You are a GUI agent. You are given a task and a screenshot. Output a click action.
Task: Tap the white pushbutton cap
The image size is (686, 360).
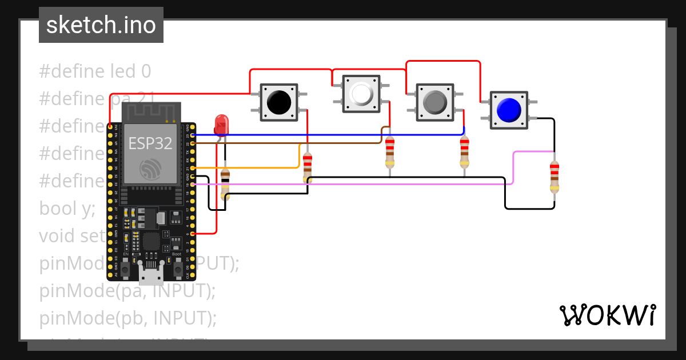tap(361, 93)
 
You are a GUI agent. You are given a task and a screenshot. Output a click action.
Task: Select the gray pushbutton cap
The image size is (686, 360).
tap(435, 102)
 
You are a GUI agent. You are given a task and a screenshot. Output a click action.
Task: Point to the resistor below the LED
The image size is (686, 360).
tap(225, 183)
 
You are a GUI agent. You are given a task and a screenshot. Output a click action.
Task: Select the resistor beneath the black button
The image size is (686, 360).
tap(308, 167)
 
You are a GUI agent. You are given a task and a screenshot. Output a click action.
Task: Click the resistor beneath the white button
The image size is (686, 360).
tap(390, 152)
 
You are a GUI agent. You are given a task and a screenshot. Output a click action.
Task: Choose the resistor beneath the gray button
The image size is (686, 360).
tap(464, 152)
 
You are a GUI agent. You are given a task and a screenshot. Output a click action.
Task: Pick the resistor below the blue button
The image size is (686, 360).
tap(554, 177)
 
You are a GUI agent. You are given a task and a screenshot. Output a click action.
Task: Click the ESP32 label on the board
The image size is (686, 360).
tap(150, 143)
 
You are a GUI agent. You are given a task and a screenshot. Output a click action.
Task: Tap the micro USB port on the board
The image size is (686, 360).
tap(150, 275)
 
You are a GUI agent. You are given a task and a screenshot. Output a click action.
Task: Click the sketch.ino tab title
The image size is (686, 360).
tap(101, 25)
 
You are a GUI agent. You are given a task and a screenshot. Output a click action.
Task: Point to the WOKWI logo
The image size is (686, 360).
tap(607, 315)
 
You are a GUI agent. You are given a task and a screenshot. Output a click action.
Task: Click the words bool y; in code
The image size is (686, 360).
tap(67, 209)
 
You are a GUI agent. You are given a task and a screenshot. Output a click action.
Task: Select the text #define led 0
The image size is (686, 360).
tap(95, 71)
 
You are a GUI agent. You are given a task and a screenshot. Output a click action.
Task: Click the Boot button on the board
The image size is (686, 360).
tap(177, 266)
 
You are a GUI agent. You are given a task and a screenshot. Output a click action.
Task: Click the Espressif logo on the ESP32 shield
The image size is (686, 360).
tap(150, 169)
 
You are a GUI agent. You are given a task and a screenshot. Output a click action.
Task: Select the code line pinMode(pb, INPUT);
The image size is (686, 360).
tap(128, 318)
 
